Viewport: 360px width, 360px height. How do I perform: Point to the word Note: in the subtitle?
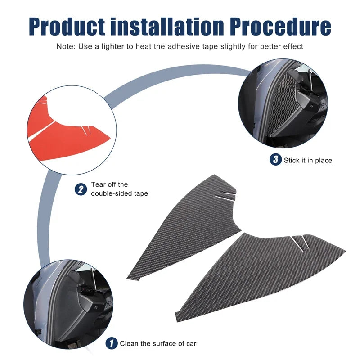(66, 46)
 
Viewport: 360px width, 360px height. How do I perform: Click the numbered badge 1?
(112, 343)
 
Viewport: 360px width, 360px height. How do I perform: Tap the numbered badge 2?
(81, 189)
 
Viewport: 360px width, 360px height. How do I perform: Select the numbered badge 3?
(275, 160)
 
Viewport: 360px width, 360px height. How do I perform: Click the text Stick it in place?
(308, 160)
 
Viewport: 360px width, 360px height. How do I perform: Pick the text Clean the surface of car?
(158, 343)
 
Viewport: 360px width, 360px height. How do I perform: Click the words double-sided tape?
(119, 193)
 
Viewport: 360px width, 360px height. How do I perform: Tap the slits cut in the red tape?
(86, 130)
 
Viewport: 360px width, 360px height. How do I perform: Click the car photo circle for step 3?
(283, 103)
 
